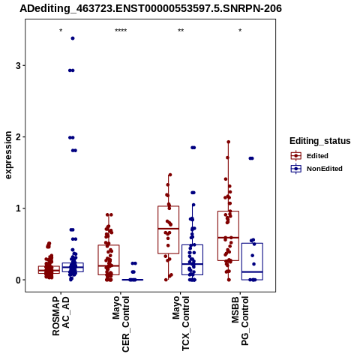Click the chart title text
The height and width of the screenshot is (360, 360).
[151, 8]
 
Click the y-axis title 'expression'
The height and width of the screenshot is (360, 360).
[8, 155]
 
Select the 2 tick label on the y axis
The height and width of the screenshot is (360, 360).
[19, 137]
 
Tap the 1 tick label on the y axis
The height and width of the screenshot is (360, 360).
[19, 208]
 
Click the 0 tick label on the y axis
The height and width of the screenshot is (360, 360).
[19, 280]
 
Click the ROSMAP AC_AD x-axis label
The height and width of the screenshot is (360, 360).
[61, 316]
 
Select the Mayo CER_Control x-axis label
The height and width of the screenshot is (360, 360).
[121, 324]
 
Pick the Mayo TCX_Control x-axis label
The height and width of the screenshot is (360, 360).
[181, 323]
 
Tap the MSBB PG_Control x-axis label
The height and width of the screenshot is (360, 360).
[240, 321]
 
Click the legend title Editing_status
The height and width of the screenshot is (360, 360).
[320, 141]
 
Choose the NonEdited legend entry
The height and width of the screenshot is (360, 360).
[316, 169]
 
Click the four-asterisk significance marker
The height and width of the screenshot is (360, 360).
[121, 31]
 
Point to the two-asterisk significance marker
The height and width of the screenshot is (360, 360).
[181, 31]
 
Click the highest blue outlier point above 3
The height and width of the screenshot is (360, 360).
[73, 38]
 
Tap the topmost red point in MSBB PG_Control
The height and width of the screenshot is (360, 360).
[229, 142]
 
